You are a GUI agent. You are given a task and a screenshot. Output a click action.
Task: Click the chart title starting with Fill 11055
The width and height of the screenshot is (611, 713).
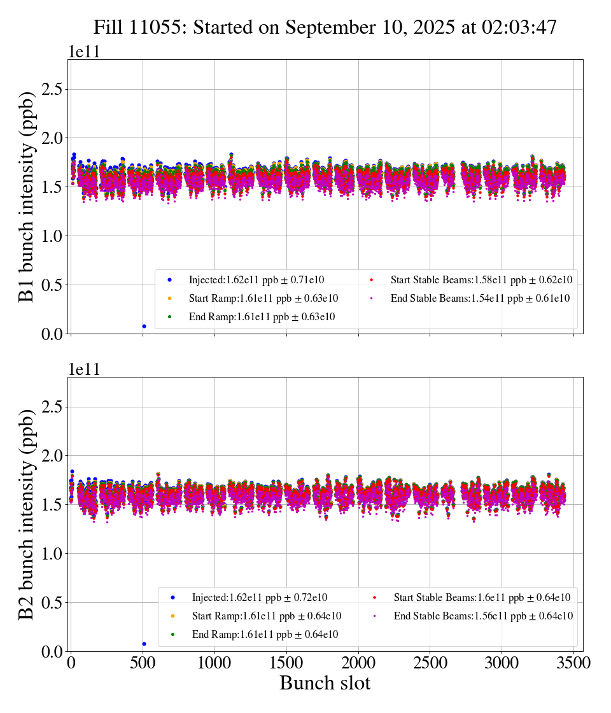pyautogui.click(x=325, y=27)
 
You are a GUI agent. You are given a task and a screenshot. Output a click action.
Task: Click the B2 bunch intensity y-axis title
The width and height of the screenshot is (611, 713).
pyautogui.click(x=27, y=514)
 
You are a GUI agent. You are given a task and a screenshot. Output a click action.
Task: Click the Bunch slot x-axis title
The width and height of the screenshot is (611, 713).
pyautogui.click(x=325, y=683)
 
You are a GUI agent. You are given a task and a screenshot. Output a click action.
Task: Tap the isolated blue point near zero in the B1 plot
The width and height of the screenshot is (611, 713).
pyautogui.click(x=144, y=326)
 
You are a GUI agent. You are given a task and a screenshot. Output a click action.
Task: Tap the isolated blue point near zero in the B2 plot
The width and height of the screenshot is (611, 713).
pyautogui.click(x=144, y=644)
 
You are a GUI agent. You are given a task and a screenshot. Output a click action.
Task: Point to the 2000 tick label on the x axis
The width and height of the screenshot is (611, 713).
pyautogui.click(x=358, y=663)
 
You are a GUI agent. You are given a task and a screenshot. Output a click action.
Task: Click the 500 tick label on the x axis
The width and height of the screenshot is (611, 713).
pyautogui.click(x=143, y=663)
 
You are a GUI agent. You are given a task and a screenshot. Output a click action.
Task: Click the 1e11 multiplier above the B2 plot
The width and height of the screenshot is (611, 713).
pyautogui.click(x=84, y=370)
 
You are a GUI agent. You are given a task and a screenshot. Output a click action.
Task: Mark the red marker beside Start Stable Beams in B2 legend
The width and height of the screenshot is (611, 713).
pyautogui.click(x=374, y=597)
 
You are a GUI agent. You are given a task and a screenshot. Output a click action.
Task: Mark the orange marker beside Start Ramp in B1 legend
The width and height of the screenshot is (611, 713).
pyautogui.click(x=169, y=298)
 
